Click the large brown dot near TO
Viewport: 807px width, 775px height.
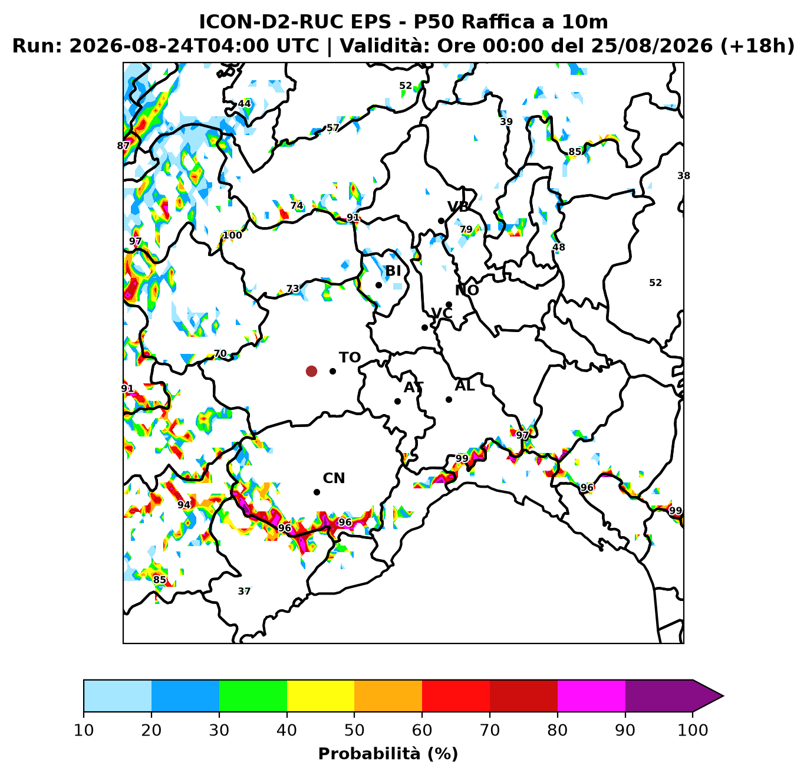click(311, 372)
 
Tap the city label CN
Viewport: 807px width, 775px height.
click(334, 478)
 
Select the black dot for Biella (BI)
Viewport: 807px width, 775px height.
click(378, 285)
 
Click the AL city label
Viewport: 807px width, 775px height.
click(465, 386)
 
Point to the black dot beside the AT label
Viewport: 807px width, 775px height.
click(397, 401)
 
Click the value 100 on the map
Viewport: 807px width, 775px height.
click(232, 235)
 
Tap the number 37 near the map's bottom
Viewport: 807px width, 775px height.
click(244, 591)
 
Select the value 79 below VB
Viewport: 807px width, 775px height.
click(466, 229)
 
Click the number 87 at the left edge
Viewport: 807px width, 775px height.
click(123, 146)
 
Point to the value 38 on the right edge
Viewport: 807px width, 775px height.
click(684, 176)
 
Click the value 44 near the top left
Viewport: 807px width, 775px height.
click(244, 103)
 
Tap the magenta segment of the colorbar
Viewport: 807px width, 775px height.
click(591, 696)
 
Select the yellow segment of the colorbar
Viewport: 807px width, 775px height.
click(321, 696)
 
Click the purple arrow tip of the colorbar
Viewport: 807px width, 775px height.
click(723, 696)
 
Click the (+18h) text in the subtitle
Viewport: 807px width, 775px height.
click(757, 45)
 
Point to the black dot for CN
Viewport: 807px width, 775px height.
click(317, 492)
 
